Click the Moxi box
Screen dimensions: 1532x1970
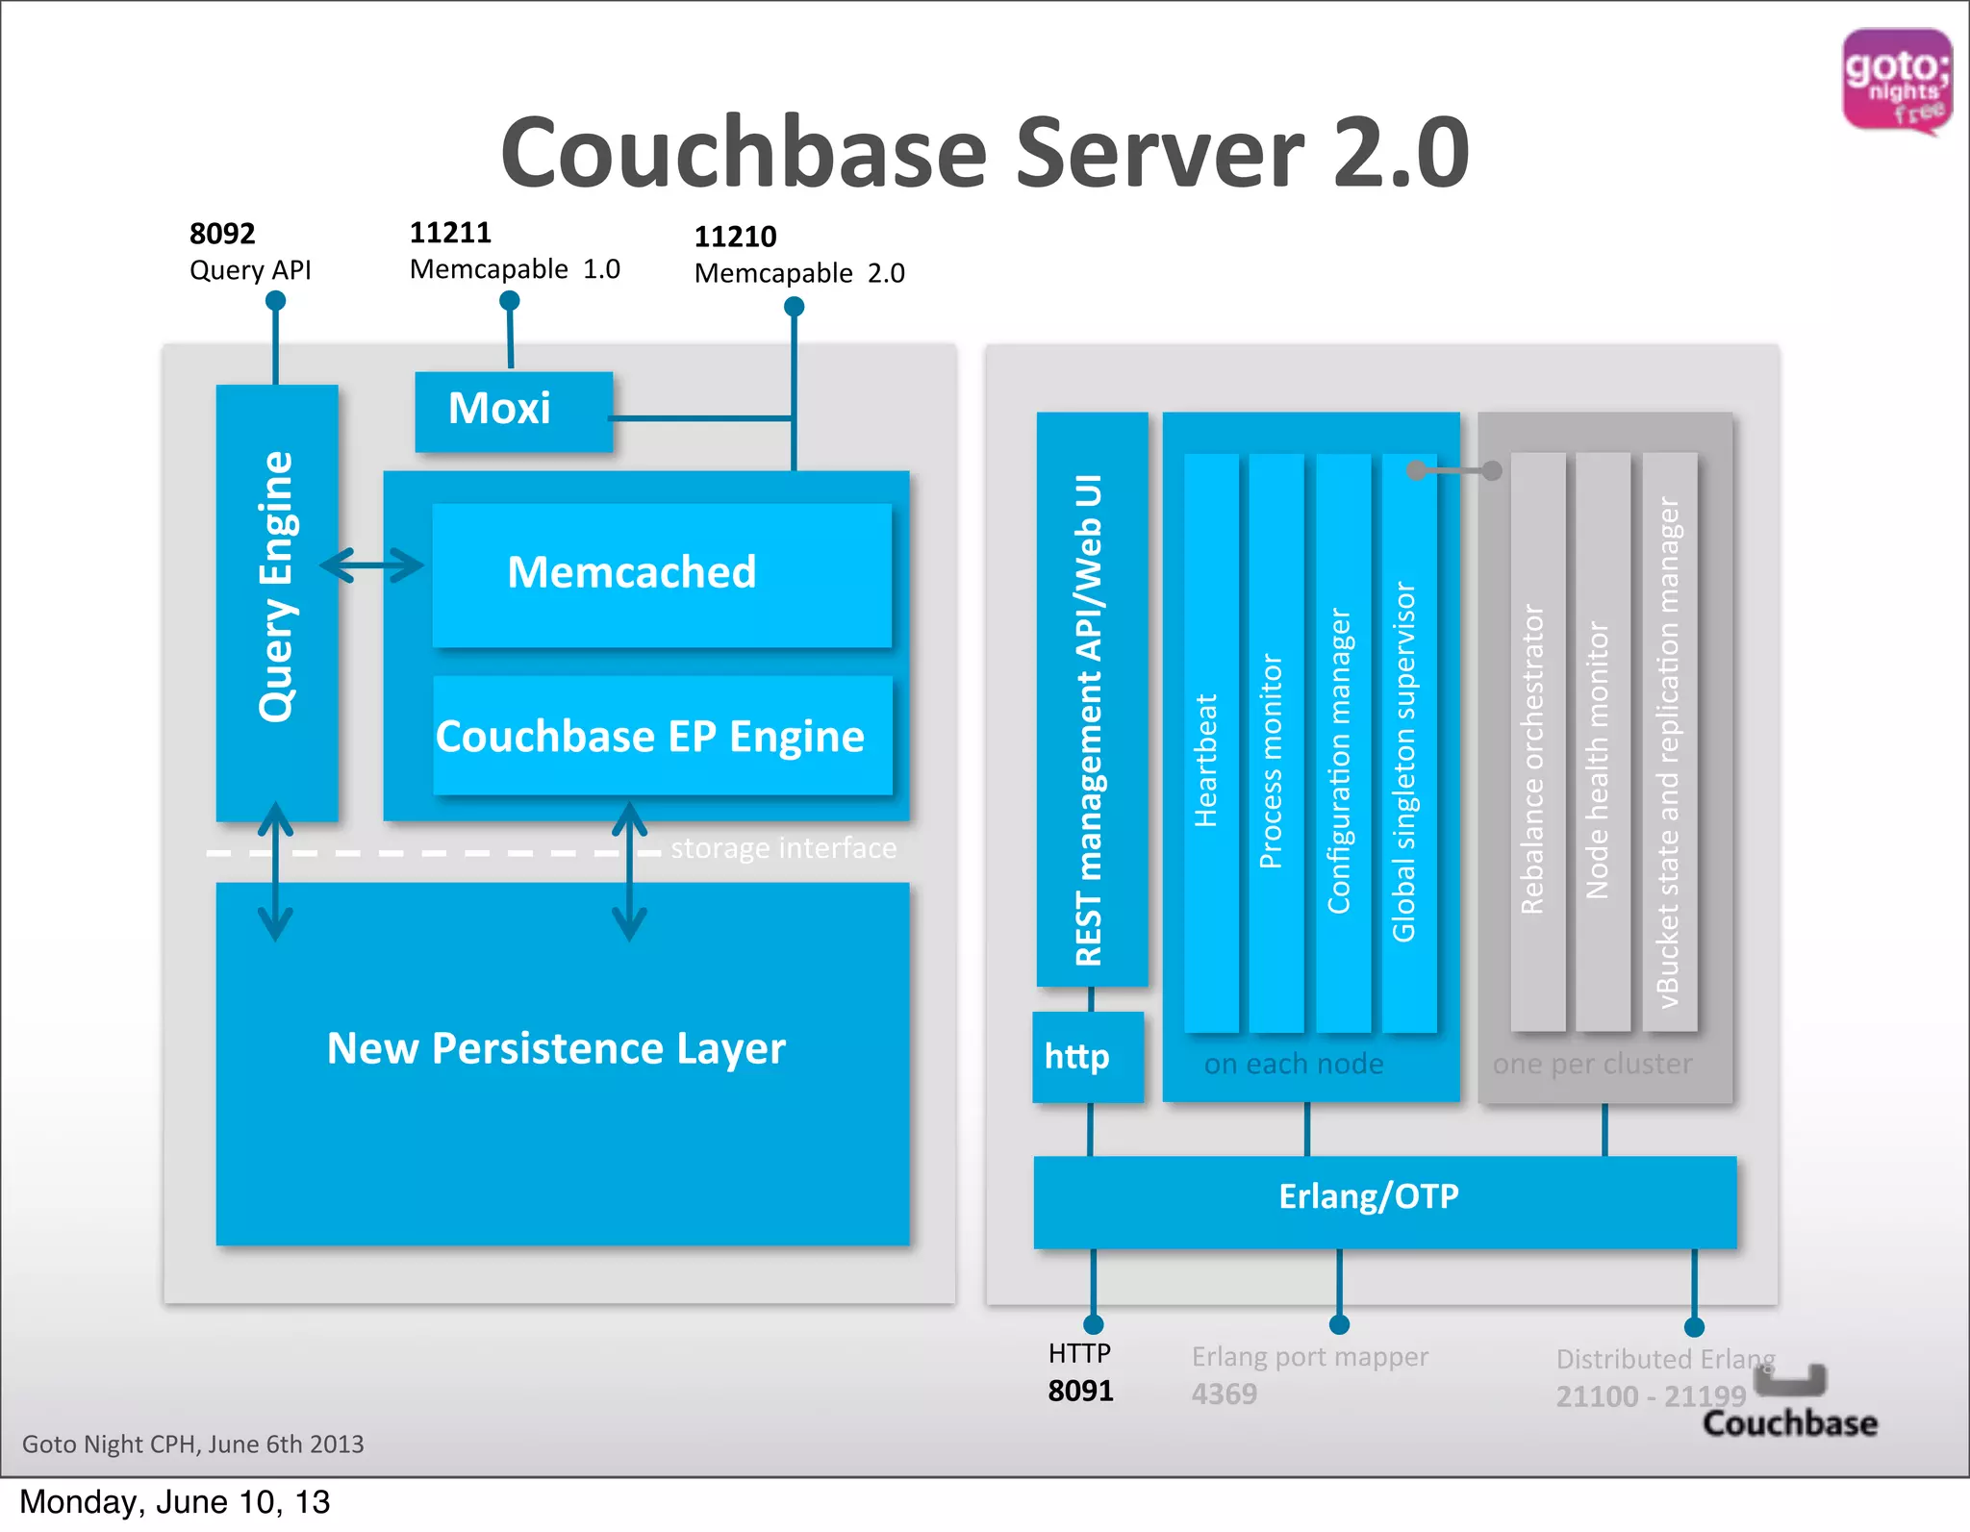pos(513,411)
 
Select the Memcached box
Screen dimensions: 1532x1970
pos(661,574)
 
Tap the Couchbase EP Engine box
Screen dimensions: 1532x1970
pos(662,736)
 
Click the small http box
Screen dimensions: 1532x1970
pos(1087,1056)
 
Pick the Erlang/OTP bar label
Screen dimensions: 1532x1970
pos(1368,1196)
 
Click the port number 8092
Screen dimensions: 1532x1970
pos(222,234)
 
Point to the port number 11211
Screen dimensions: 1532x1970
pos(450,233)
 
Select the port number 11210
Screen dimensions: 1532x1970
pos(735,237)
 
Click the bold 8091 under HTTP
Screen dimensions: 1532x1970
pos(1080,1391)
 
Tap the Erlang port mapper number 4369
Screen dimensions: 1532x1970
pos(1224,1394)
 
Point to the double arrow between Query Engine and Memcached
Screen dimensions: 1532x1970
pos(371,565)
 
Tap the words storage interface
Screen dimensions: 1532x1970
pos(783,848)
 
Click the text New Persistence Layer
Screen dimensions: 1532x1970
pos(556,1048)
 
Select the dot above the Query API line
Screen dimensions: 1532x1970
pos(275,301)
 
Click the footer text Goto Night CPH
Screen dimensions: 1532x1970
pos(192,1444)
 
